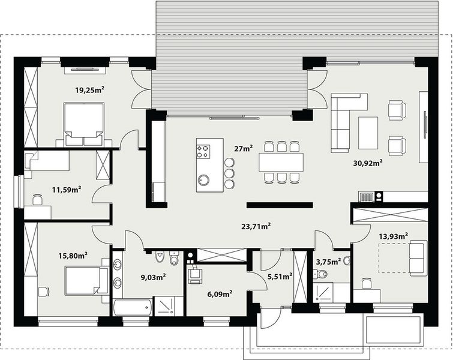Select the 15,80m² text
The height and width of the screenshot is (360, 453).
73,255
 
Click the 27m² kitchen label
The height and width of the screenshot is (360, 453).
242,148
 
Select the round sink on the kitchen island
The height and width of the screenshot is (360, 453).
205,179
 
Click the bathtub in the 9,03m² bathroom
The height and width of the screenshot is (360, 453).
131,307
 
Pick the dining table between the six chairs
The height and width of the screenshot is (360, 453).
281,162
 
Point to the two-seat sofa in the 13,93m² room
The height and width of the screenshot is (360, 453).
416,257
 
